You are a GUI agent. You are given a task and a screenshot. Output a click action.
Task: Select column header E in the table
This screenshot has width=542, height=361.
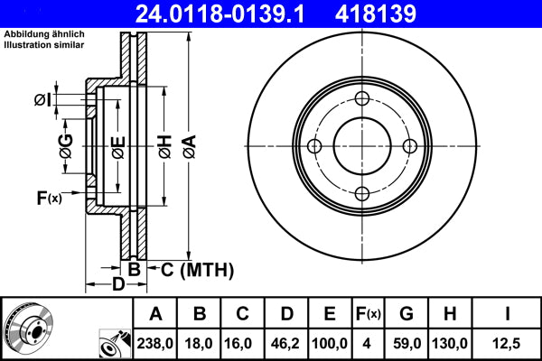(x=329, y=314)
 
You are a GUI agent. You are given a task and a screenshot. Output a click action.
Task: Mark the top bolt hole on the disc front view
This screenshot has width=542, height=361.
(x=361, y=99)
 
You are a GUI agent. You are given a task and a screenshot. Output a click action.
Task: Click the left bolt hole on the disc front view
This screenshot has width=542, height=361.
(x=314, y=146)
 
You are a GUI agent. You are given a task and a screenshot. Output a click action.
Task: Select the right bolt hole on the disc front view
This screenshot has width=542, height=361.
(x=408, y=146)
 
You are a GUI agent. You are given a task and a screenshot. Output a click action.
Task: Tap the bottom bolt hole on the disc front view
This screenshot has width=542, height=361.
(x=361, y=193)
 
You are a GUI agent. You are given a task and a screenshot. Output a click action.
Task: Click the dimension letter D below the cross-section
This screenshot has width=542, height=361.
(x=118, y=286)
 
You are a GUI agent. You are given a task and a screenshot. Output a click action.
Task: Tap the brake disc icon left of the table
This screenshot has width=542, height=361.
(x=32, y=327)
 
